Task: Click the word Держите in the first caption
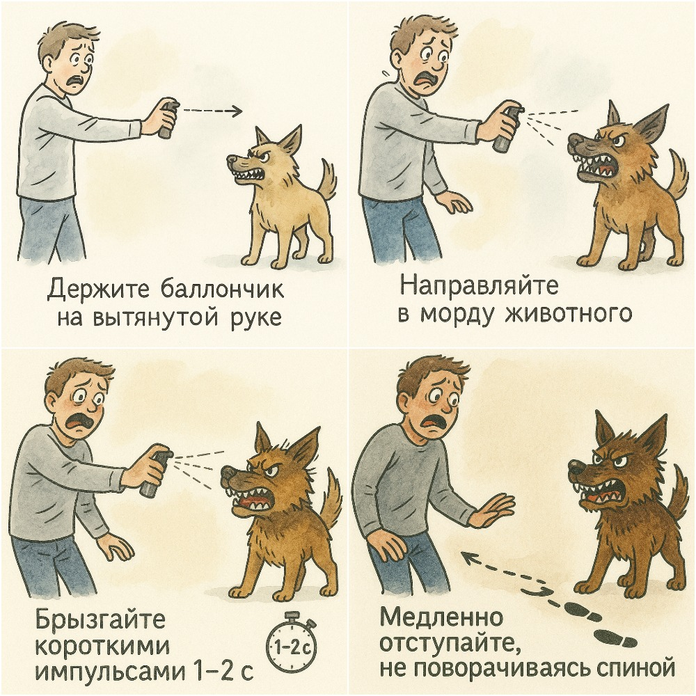(x=100, y=290)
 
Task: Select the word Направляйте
(x=480, y=287)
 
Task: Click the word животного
(x=569, y=313)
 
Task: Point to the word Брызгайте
(x=100, y=620)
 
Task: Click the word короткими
(x=102, y=646)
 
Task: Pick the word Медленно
(x=441, y=617)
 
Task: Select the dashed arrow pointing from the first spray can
(x=213, y=111)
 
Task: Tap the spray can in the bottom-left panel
(x=156, y=472)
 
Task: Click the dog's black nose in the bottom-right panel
(x=576, y=467)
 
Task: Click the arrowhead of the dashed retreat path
(x=466, y=555)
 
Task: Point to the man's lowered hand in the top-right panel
(x=456, y=204)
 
